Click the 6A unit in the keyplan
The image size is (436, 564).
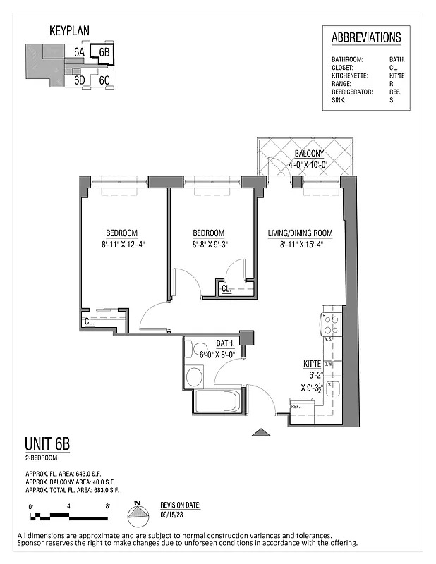tap(80, 52)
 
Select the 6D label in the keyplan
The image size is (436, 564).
tap(80, 80)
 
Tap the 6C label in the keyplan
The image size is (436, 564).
tap(104, 80)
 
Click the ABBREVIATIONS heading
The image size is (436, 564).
tap(366, 38)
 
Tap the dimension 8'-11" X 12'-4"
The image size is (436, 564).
tap(121, 245)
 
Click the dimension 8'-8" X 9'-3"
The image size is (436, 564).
tap(208, 245)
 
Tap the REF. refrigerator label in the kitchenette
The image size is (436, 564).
tap(296, 407)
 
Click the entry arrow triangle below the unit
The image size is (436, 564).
tap(260, 432)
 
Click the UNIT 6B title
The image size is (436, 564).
tap(47, 444)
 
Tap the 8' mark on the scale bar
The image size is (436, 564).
tap(107, 506)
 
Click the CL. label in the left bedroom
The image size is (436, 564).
tap(89, 321)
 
